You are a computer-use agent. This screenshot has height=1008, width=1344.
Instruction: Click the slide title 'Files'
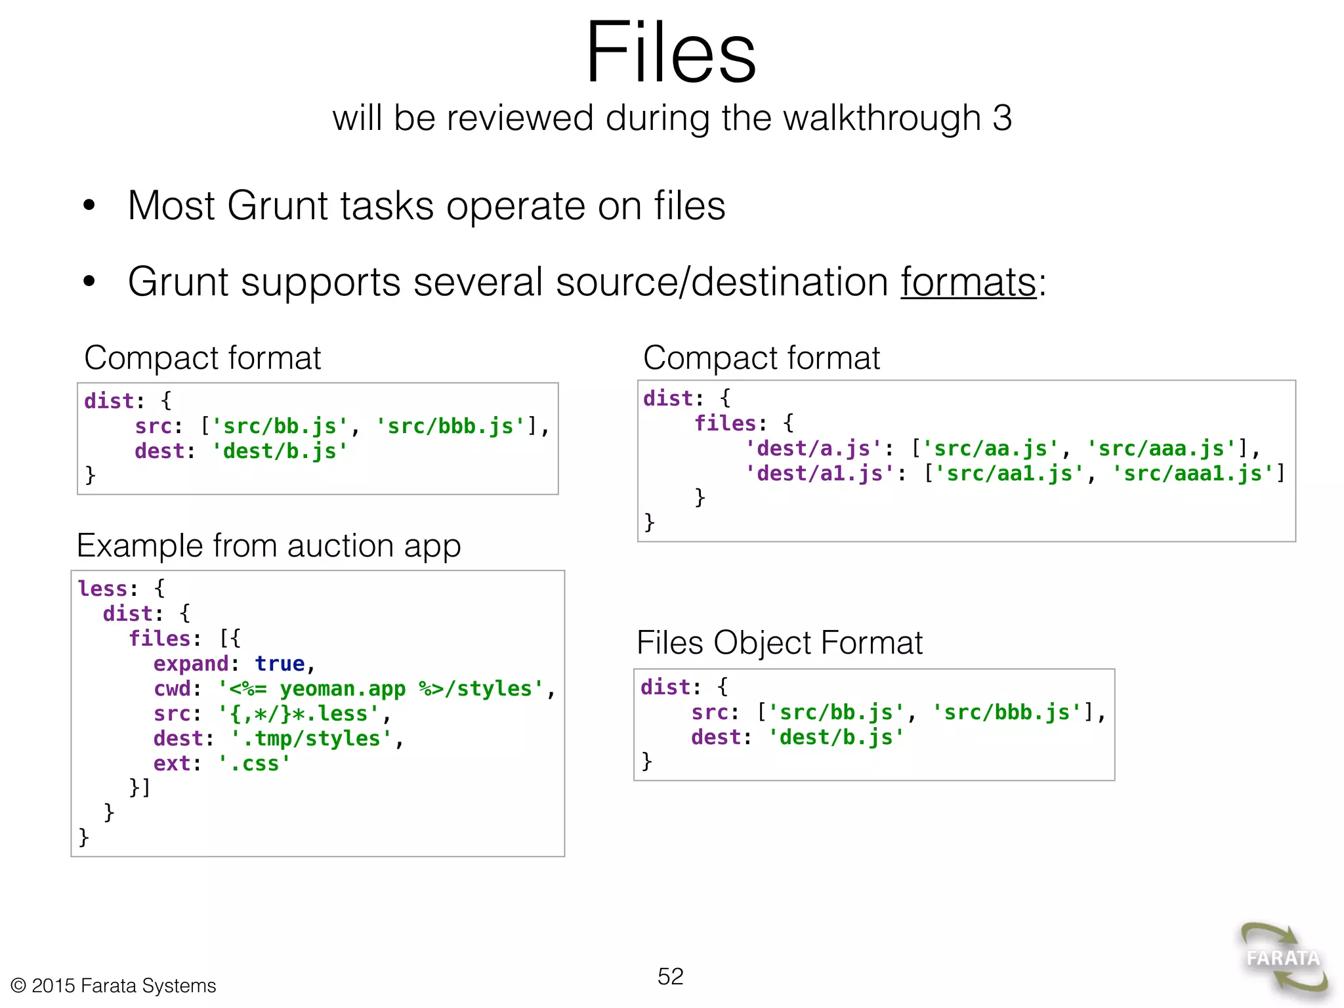point(671,52)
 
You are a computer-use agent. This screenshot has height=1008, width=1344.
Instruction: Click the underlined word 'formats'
point(968,282)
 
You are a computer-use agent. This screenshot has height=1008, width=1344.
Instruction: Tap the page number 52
point(670,976)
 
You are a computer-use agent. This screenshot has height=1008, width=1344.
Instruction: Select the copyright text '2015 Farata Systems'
point(123,986)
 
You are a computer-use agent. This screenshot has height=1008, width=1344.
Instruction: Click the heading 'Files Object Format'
point(779,642)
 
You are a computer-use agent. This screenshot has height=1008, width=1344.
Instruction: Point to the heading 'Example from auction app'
point(268,546)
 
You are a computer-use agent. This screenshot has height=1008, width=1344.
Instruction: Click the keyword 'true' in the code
point(280,664)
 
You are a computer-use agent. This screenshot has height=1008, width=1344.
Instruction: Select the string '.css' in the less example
point(255,764)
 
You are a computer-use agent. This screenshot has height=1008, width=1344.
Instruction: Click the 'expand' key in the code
point(191,664)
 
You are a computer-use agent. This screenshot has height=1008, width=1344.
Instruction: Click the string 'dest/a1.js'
point(820,474)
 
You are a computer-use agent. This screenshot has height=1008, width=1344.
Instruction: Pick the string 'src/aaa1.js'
point(1192,474)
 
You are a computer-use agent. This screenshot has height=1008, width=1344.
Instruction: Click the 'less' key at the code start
point(102,589)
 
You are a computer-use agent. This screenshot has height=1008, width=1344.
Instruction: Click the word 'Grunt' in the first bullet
point(276,206)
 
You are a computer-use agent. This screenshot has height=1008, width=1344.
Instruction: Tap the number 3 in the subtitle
point(1001,119)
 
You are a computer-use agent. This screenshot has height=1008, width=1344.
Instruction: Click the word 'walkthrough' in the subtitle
point(850,119)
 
